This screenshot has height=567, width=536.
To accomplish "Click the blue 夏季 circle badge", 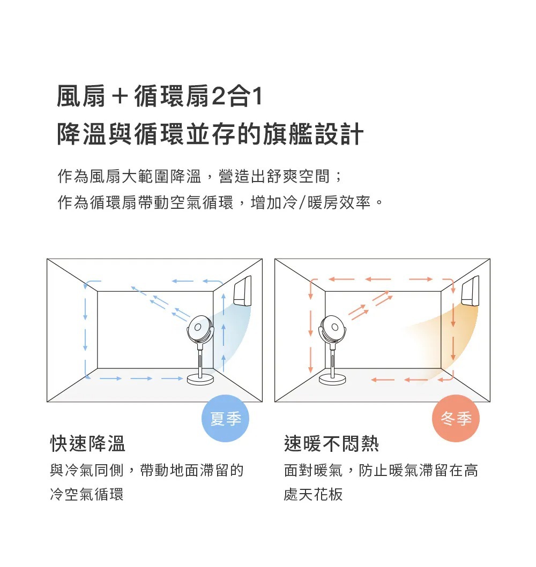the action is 225,418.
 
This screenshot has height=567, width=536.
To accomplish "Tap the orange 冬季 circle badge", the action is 456,418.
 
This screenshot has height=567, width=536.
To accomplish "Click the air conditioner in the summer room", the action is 242,291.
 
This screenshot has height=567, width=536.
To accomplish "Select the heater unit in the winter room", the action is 470,291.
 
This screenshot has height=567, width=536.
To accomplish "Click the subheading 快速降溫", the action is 87,444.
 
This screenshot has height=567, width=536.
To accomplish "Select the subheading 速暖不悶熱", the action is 331,444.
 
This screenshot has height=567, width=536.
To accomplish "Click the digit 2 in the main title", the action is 218,96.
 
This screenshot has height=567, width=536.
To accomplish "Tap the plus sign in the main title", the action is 120,97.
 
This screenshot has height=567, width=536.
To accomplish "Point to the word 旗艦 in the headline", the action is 288,134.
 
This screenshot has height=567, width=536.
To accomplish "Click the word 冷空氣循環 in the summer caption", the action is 87,494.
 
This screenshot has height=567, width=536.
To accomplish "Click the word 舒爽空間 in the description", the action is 298,177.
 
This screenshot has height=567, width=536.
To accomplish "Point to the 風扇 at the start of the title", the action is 81,96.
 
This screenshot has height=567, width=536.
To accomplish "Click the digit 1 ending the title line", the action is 258,96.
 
